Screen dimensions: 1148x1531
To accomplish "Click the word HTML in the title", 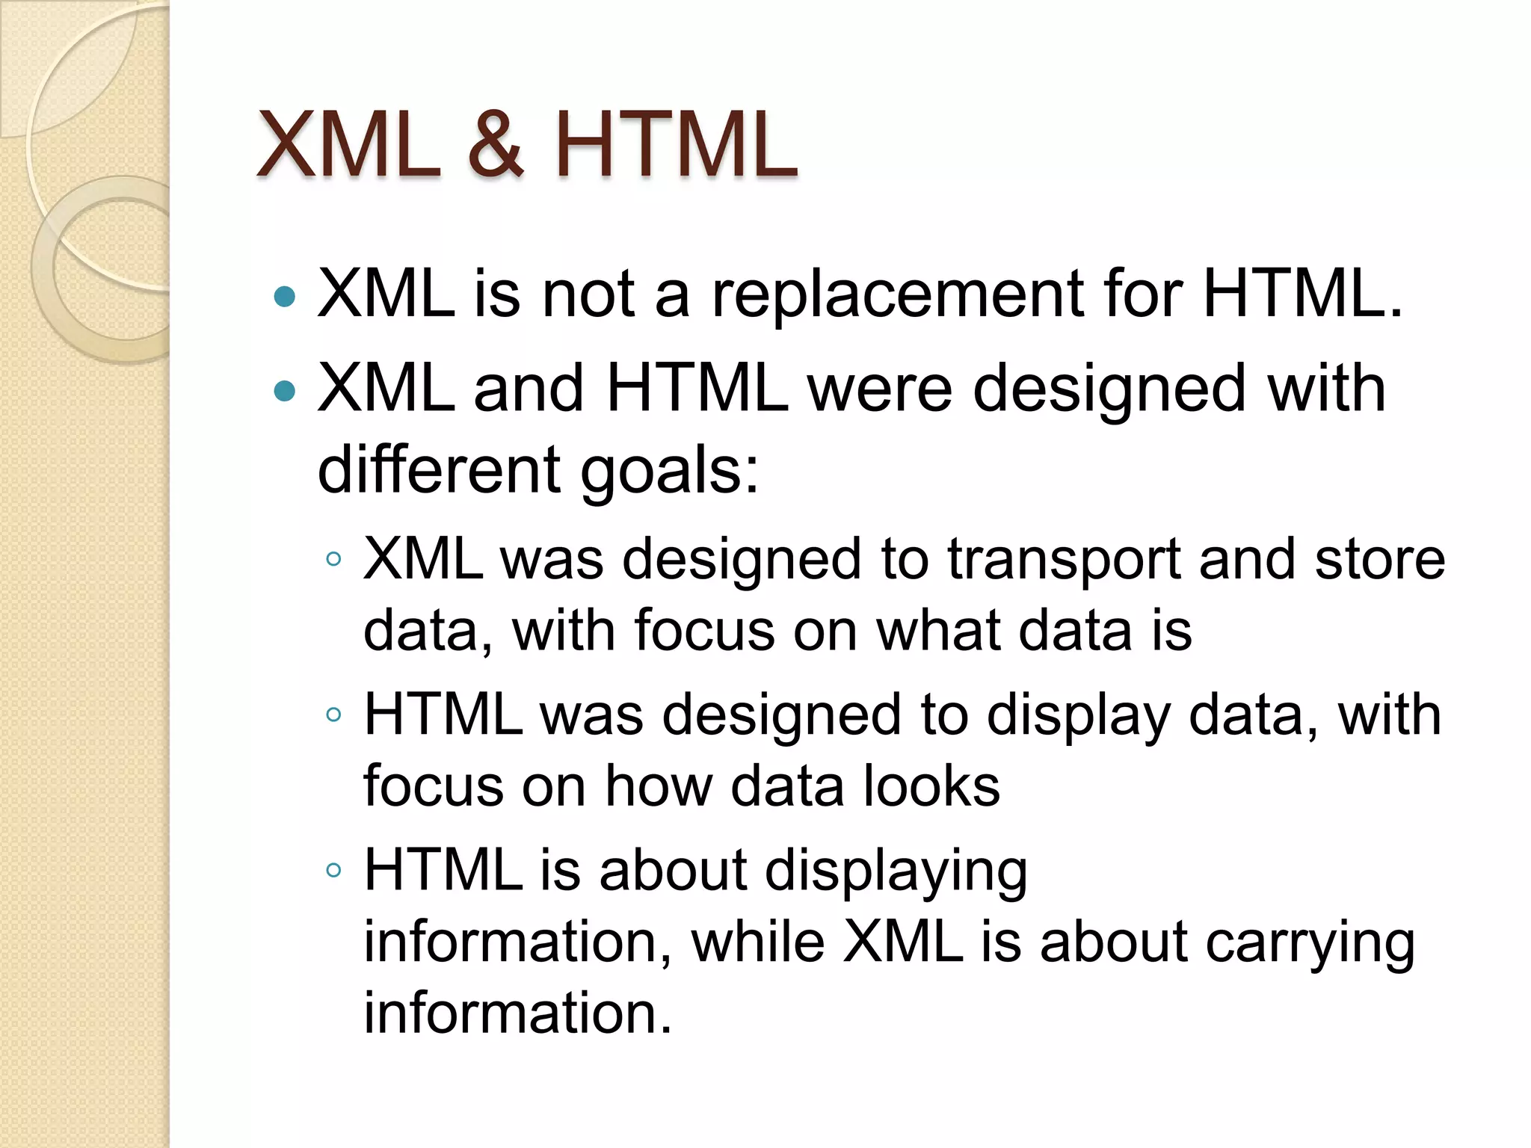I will coord(676,145).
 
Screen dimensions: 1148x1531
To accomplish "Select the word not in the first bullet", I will coord(588,294).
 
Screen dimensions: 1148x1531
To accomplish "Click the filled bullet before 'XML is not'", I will coord(285,297).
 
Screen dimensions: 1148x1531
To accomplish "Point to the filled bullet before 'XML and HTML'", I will coord(285,391).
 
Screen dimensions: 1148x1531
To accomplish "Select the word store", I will coord(1380,559).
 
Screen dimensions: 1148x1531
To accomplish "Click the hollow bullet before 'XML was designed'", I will coord(333,559).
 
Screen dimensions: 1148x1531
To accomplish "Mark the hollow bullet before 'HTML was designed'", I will coord(333,715).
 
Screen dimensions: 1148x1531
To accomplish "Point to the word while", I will coord(758,942).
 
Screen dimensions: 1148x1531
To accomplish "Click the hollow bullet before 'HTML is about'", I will coord(333,870).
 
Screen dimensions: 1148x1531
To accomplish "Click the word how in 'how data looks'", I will coord(658,786).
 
